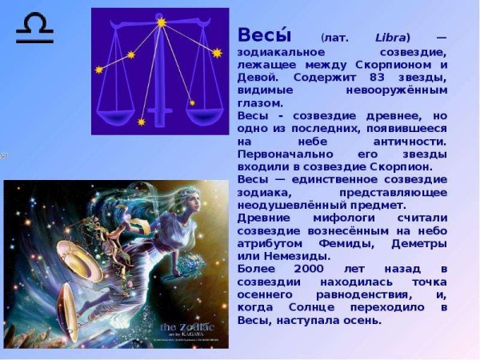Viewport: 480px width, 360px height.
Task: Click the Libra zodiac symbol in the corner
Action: click(x=34, y=30)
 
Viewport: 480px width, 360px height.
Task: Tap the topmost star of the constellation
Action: click(x=161, y=23)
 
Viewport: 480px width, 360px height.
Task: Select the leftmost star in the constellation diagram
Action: click(x=100, y=70)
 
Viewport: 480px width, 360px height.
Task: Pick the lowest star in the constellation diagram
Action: click(x=142, y=122)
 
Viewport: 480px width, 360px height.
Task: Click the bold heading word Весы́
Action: click(x=264, y=36)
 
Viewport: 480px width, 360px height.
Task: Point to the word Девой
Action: click(x=257, y=77)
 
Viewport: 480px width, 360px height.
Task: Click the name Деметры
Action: click(x=414, y=243)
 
